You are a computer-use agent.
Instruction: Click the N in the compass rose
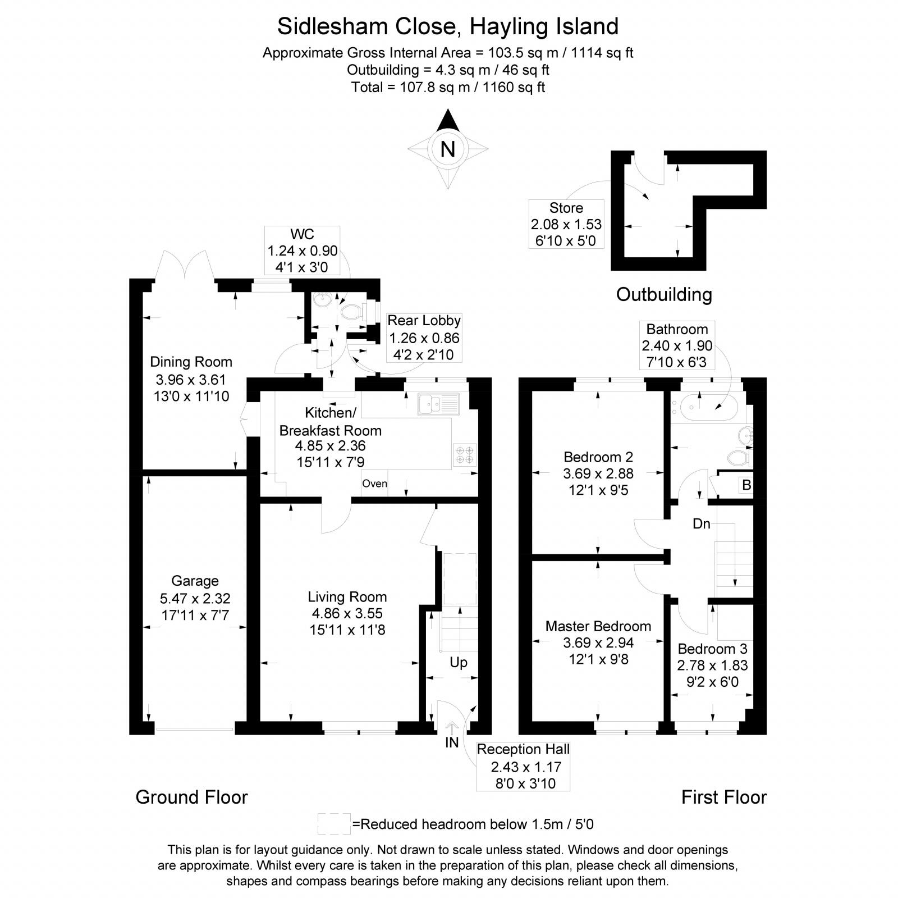[x=447, y=149]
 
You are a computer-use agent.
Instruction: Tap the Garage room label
[x=195, y=581]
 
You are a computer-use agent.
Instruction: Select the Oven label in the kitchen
[x=374, y=484]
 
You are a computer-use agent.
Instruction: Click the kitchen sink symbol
[x=438, y=404]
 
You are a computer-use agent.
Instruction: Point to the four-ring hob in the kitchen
[x=464, y=455]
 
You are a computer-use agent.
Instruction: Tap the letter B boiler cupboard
[x=746, y=485]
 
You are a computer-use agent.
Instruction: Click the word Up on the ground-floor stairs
[x=459, y=663]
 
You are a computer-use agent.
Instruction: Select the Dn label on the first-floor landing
[x=702, y=524]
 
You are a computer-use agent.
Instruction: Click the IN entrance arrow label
[x=452, y=742]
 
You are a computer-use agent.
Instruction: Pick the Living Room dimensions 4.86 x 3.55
[x=347, y=613]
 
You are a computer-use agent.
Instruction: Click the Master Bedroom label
[x=598, y=626]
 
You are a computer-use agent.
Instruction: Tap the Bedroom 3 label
[x=712, y=649]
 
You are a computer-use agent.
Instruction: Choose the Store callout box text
[x=566, y=224]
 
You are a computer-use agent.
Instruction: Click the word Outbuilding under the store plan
[x=664, y=294]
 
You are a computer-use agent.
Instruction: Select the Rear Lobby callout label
[x=424, y=321]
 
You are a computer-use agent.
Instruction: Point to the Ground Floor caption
[x=191, y=797]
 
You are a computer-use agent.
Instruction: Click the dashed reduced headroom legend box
[x=334, y=824]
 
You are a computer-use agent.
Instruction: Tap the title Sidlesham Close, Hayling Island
[x=448, y=26]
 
